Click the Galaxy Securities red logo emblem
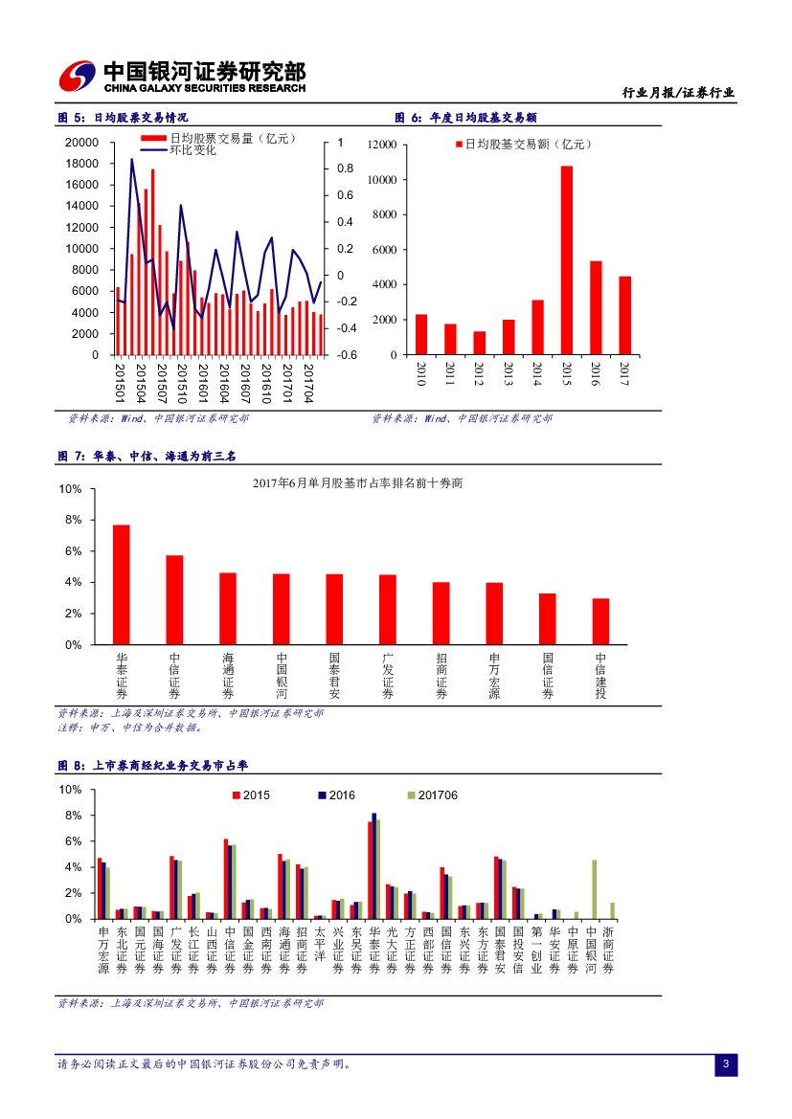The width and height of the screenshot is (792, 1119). pyautogui.click(x=77, y=77)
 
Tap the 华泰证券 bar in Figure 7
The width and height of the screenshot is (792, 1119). pyautogui.click(x=121, y=584)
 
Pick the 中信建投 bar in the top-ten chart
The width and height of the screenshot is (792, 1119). pyautogui.click(x=600, y=621)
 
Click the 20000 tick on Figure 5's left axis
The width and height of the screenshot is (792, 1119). pyautogui.click(x=82, y=142)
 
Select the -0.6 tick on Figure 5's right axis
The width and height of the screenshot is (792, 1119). pyautogui.click(x=347, y=355)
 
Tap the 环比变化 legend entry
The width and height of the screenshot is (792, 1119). pyautogui.click(x=192, y=150)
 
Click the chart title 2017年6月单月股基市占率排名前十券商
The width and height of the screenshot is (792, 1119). pyautogui.click(x=357, y=484)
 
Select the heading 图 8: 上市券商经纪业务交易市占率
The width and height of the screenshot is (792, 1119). pyautogui.click(x=153, y=765)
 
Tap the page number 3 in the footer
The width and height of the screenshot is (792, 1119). pyautogui.click(x=726, y=1064)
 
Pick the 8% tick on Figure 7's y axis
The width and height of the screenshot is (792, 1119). pyautogui.click(x=73, y=520)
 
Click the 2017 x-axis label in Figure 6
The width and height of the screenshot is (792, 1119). pyautogui.click(x=624, y=372)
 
